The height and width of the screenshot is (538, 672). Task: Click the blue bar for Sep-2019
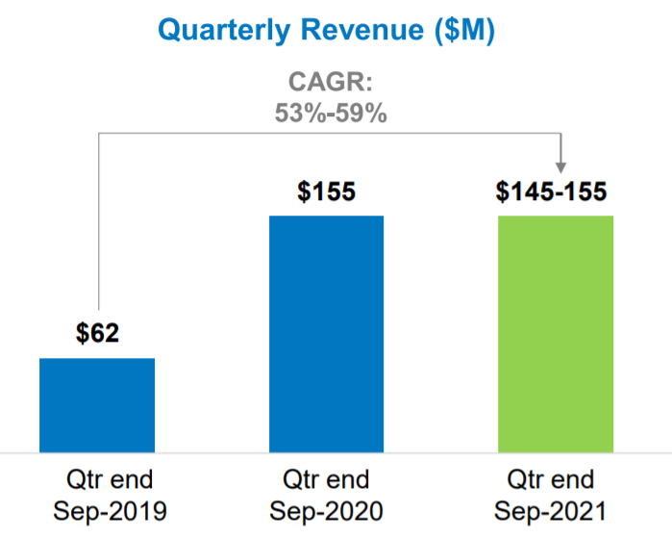[97, 404]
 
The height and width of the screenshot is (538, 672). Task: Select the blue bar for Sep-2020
[326, 333]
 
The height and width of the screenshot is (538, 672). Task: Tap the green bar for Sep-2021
[556, 333]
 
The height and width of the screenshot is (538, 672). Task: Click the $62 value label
[97, 334]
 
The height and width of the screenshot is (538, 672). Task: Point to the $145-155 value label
[552, 192]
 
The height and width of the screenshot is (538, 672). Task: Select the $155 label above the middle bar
[326, 192]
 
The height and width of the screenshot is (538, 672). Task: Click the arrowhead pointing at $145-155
[560, 167]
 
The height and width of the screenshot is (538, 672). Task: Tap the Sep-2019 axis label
[97, 509]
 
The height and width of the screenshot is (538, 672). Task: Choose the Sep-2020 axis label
[327, 509]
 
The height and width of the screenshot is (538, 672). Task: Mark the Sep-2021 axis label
[556, 509]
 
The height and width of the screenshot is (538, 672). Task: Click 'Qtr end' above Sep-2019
[97, 479]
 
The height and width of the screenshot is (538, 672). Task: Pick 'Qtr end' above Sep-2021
[556, 479]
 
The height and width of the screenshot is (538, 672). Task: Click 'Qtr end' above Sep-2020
[327, 479]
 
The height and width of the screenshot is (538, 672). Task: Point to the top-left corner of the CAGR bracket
[99, 135]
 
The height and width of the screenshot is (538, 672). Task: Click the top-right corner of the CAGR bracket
[560, 135]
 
